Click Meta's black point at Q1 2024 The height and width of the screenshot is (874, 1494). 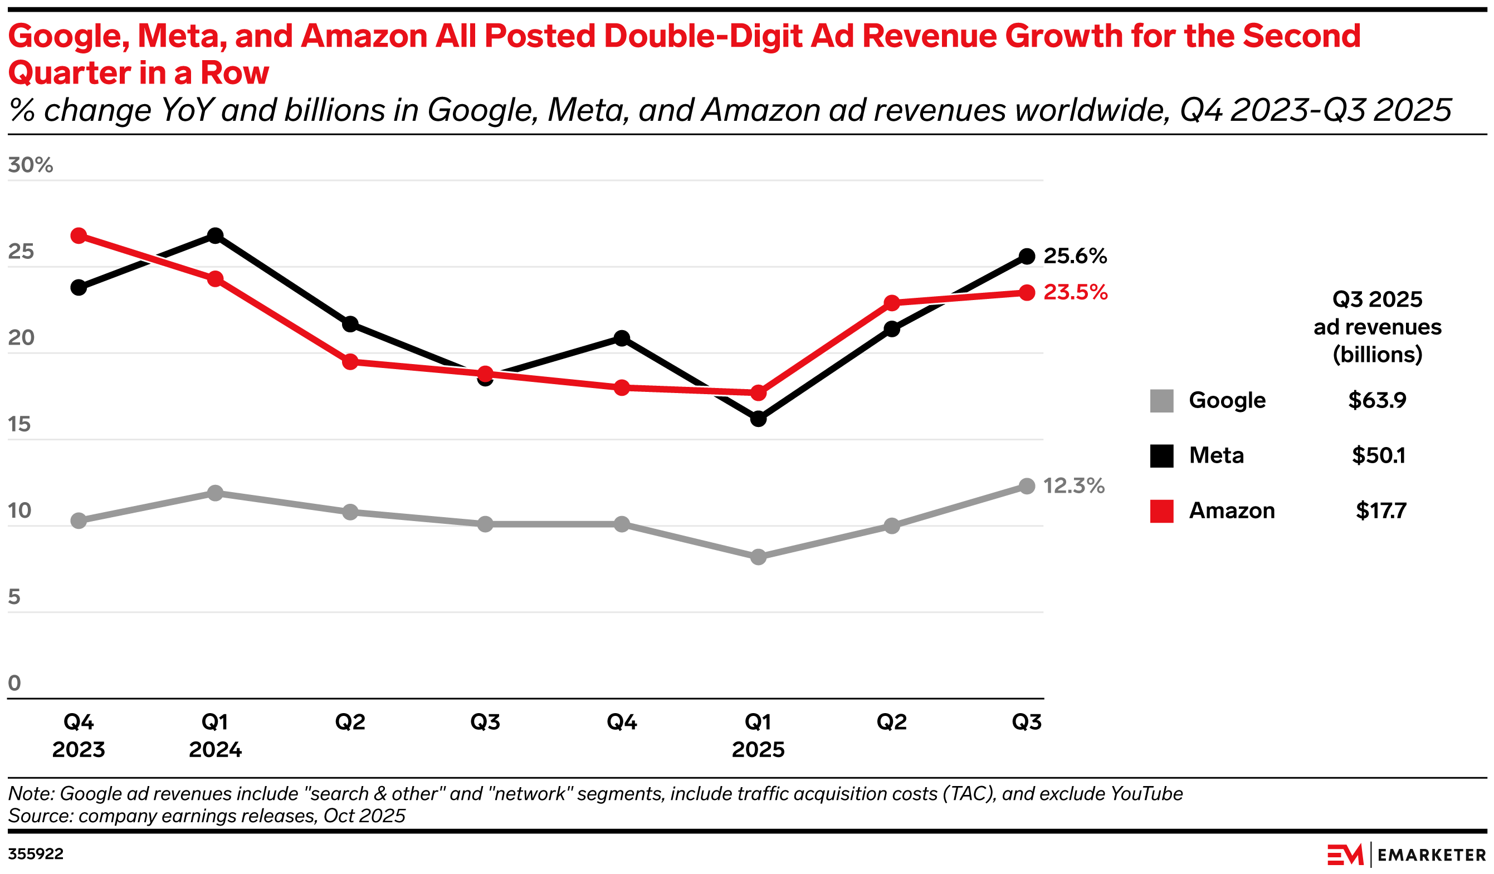tap(215, 236)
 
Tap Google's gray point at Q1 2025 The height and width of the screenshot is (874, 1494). tap(758, 557)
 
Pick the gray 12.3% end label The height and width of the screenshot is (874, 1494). tap(1073, 486)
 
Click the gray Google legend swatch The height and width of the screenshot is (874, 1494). tap(1161, 401)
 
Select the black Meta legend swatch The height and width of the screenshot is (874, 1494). tap(1161, 456)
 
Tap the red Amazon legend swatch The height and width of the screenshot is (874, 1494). tap(1161, 512)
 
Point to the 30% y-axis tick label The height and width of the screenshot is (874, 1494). tap(30, 165)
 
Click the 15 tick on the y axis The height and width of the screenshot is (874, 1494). tap(19, 424)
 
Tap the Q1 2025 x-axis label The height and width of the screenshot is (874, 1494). tap(758, 735)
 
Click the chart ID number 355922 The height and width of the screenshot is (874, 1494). tap(36, 854)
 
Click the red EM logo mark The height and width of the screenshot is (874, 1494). tap(1345, 855)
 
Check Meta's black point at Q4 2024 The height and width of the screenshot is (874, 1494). tap(622, 338)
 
